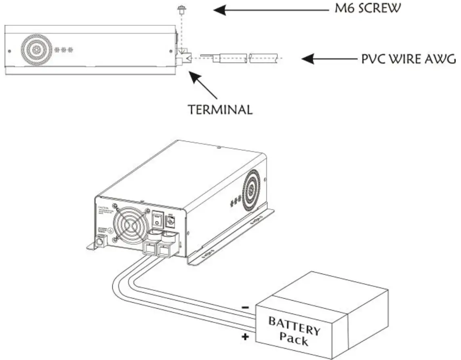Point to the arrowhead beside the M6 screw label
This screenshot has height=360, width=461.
[x=221, y=10]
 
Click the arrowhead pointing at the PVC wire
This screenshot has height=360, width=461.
[x=309, y=59]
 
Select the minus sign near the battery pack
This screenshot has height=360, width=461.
[x=245, y=307]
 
